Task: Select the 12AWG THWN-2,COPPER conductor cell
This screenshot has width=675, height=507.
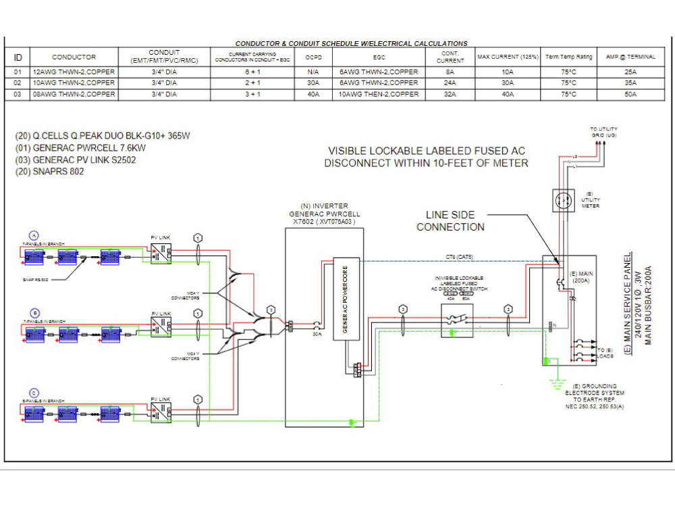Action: tap(74, 72)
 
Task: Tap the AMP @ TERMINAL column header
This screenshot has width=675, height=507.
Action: tap(630, 57)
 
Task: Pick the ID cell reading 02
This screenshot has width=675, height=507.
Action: tap(18, 83)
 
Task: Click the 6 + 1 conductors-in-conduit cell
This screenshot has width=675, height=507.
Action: tap(253, 72)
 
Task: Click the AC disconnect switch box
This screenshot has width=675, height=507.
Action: tap(456, 320)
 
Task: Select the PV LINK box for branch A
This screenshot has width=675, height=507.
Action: tap(161, 255)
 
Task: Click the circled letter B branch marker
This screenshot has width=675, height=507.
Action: tap(34, 313)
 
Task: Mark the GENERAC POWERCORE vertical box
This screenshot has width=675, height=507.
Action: tap(344, 298)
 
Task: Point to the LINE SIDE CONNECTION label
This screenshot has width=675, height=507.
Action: tap(450, 221)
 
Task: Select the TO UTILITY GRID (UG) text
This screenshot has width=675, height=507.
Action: tap(603, 132)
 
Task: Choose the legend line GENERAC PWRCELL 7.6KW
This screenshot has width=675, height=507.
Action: tap(81, 148)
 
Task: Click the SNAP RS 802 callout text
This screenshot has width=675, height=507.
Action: tap(36, 279)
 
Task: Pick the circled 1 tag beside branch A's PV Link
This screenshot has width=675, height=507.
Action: tap(198, 238)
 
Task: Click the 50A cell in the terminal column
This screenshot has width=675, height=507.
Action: tap(630, 95)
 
